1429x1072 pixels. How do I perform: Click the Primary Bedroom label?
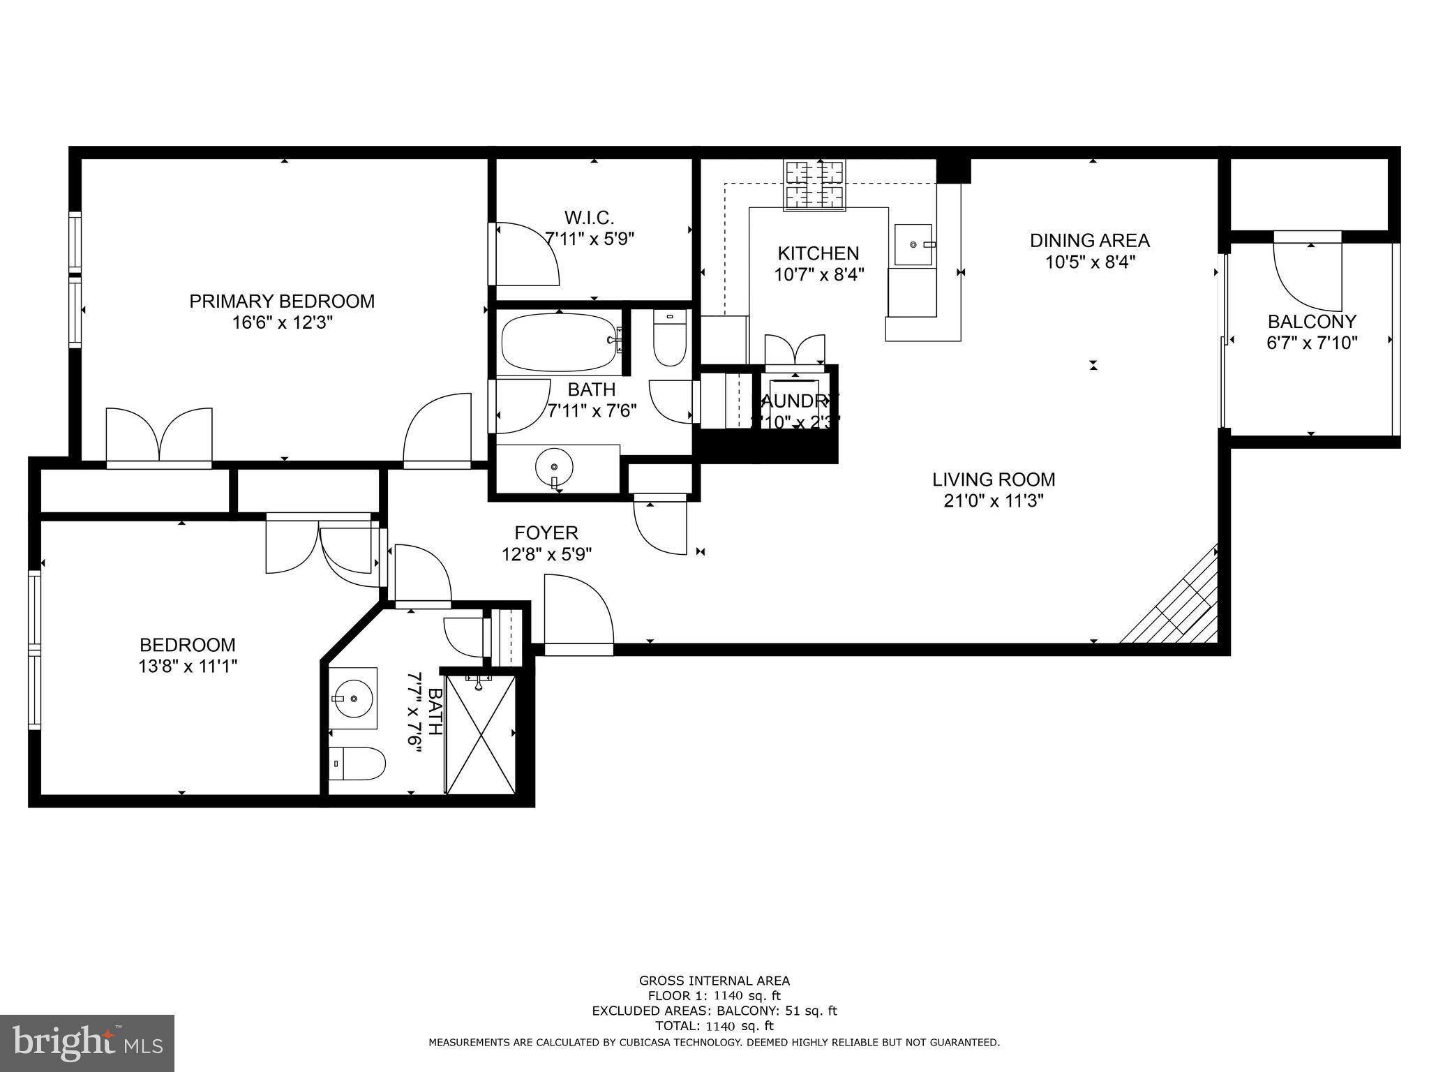[x=282, y=301]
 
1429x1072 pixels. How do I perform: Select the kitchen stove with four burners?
[x=815, y=185]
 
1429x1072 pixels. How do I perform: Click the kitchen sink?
[x=913, y=245]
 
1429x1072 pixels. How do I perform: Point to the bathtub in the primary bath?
[x=560, y=342]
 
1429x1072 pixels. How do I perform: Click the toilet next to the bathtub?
[x=670, y=338]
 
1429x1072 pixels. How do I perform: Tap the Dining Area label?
[x=1089, y=241]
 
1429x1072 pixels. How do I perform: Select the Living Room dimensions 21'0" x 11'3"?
[x=993, y=501]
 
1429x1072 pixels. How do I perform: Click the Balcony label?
[x=1312, y=322]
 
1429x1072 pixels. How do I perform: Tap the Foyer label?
[x=546, y=533]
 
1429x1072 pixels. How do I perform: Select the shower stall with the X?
[x=480, y=734]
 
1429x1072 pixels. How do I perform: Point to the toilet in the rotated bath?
[x=357, y=764]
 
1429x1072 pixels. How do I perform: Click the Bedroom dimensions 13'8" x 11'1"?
[x=188, y=667]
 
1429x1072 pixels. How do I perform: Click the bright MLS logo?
[x=87, y=1043]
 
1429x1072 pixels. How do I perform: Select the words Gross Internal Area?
[x=714, y=981]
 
